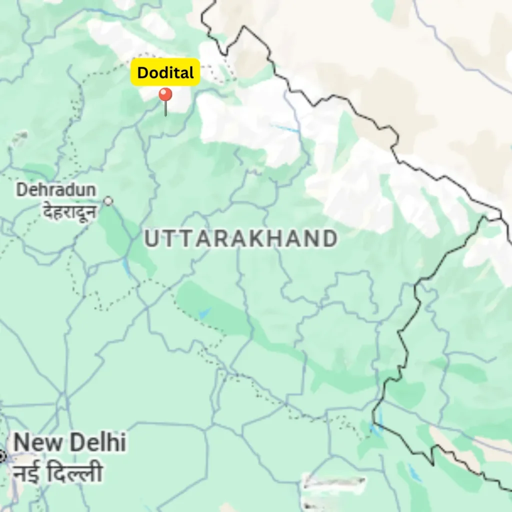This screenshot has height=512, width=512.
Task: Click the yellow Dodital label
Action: point(165,73)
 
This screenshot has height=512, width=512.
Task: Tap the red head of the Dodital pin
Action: point(165,94)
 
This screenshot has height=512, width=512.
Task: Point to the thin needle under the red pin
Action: point(165,109)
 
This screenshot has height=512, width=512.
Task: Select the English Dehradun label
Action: point(56,189)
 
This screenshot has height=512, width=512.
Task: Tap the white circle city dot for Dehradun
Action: point(108,201)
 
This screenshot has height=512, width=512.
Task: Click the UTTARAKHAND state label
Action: point(240,239)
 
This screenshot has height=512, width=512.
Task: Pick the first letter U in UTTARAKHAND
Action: point(151,239)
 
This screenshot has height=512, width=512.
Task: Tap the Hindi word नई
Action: point(27,472)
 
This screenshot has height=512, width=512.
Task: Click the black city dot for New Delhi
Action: point(1,456)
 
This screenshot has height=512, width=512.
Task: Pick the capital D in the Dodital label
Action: point(142,73)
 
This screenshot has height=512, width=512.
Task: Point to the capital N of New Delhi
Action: point(22,443)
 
